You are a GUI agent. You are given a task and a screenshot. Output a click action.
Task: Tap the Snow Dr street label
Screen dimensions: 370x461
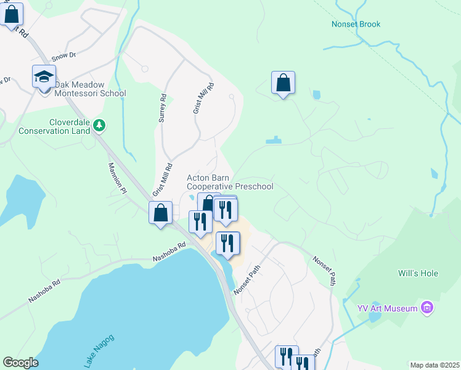click(x=64, y=55)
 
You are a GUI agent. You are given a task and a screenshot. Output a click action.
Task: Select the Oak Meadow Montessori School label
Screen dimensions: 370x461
click(x=89, y=89)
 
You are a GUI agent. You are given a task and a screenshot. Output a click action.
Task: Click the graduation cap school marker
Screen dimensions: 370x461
click(x=44, y=77)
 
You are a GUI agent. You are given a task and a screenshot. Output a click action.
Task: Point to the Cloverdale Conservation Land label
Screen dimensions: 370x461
click(x=54, y=126)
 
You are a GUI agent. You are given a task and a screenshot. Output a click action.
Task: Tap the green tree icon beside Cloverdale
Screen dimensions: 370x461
click(x=99, y=126)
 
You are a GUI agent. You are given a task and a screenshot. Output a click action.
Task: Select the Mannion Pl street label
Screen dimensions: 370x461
click(x=116, y=178)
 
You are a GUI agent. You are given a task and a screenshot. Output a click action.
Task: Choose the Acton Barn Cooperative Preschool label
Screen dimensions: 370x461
click(x=229, y=182)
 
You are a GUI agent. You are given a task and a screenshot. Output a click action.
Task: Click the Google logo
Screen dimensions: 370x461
click(x=20, y=363)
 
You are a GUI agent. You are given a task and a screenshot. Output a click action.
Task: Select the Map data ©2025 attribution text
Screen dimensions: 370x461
click(x=434, y=365)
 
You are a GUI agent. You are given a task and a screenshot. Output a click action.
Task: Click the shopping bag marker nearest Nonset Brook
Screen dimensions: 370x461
click(x=283, y=83)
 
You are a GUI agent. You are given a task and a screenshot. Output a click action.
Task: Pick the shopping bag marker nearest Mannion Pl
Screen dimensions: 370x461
click(x=161, y=213)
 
